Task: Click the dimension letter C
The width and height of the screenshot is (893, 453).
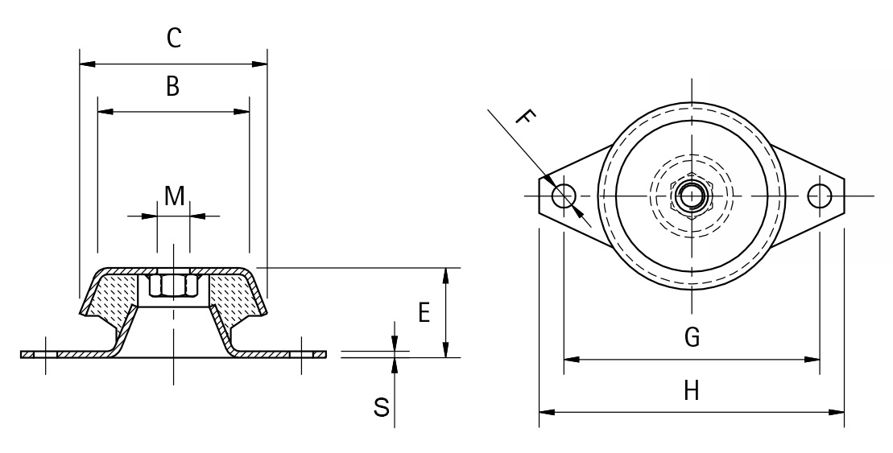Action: pos(173,38)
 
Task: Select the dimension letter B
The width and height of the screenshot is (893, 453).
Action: pos(172,87)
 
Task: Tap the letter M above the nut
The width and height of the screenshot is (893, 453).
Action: pos(174,195)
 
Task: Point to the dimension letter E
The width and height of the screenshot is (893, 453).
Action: pos(423,313)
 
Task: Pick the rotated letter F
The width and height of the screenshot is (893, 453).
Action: pos(523,120)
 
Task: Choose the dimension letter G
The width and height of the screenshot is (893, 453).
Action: pos(692,337)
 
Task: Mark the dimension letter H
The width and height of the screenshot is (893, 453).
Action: pos(691,391)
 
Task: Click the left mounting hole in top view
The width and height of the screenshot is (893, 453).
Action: pos(562,196)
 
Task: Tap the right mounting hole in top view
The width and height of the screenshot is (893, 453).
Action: pos(820,196)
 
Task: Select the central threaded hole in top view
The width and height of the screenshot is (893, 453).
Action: pos(691,196)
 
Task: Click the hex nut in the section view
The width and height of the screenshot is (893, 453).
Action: pos(174,286)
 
